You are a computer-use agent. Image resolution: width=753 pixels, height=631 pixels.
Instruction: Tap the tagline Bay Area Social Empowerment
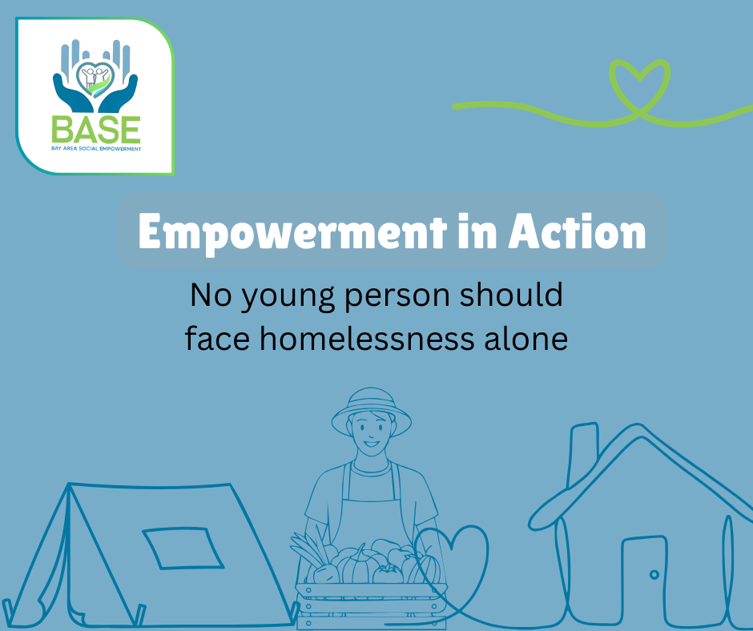(95, 149)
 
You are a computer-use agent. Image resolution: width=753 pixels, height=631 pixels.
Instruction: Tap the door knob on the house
(654, 574)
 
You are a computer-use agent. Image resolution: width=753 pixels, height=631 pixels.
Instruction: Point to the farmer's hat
(371, 408)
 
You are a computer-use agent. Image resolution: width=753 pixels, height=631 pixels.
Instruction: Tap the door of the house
(645, 581)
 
